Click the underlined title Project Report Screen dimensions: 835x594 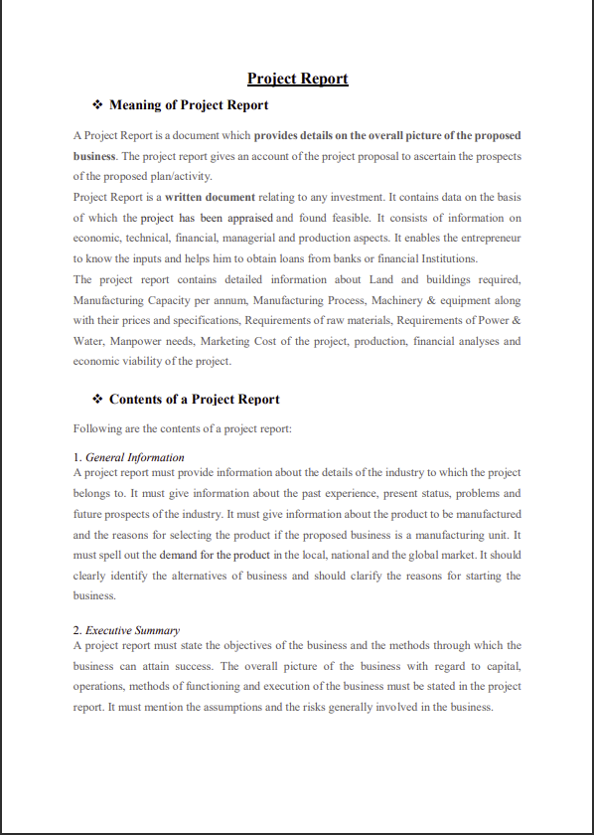tap(297, 79)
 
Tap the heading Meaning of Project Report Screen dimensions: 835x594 tap(189, 104)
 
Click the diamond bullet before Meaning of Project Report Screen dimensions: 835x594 tap(97, 104)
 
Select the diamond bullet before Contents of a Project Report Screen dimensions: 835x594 tap(97, 399)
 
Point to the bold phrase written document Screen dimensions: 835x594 tap(210, 197)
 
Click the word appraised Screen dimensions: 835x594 tap(245, 218)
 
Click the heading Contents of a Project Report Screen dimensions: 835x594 tap(195, 399)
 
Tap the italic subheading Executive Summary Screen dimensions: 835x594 tap(132, 630)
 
